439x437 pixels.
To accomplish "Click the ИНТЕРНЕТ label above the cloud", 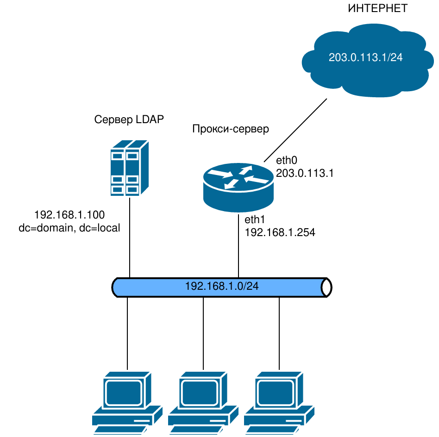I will coord(377,8).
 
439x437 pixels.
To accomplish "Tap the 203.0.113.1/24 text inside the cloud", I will coord(366,57).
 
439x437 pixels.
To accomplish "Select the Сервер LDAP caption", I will coord(129,120).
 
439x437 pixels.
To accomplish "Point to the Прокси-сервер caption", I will coord(230,129).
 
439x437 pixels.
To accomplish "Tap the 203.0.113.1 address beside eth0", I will coord(305,173).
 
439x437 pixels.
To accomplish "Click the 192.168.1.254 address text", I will coord(280,232).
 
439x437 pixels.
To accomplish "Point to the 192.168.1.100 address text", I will coord(69,215).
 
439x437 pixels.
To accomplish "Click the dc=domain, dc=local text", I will coord(69,228).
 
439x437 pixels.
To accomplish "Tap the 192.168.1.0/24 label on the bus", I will coord(221,287).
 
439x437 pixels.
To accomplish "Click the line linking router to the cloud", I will coord(295,130).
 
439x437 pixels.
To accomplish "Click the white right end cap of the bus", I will coord(327,287).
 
